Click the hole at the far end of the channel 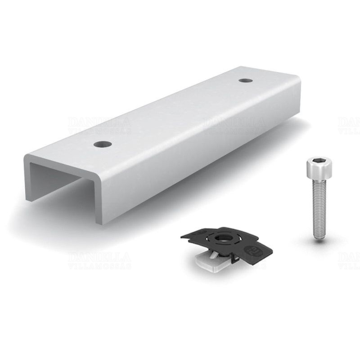(245, 81)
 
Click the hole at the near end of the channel (103, 144)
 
